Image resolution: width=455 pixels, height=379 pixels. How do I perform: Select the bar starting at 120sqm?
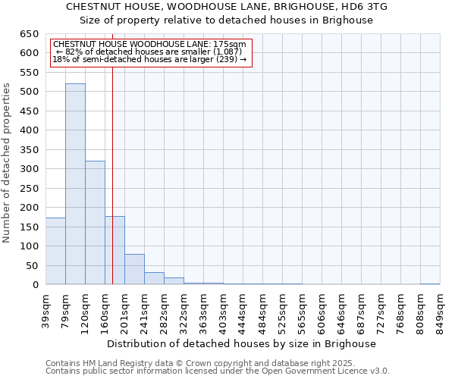coord(95,223)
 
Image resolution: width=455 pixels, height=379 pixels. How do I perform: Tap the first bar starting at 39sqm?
coord(55,251)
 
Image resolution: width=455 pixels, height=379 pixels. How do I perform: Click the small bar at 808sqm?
coord(430,283)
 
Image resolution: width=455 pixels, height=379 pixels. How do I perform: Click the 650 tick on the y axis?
coord(30,34)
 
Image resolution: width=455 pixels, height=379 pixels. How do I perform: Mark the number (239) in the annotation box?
coord(227,59)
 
